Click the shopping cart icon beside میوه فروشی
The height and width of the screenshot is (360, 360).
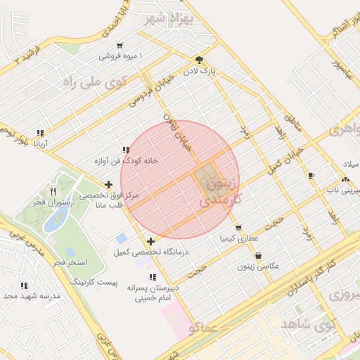120,45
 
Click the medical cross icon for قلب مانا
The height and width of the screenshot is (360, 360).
108,185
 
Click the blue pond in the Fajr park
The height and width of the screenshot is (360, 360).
52,219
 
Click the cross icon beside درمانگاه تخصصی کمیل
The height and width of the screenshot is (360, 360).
151,240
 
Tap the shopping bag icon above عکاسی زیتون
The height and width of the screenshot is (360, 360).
259,256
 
